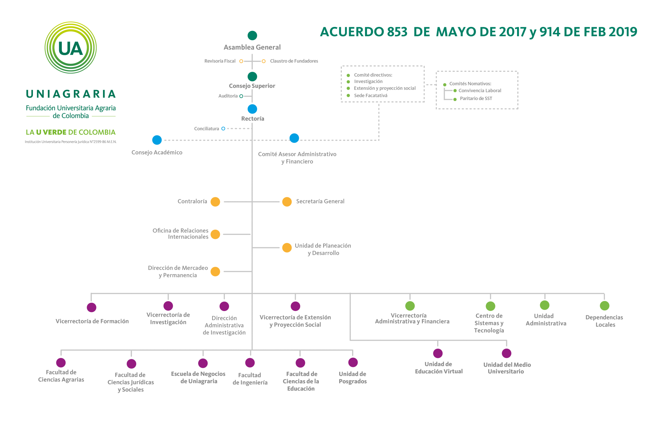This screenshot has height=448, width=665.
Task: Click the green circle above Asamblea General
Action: click(x=252, y=36)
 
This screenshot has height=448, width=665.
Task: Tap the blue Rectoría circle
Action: click(x=252, y=109)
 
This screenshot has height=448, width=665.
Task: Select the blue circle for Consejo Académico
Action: click(x=157, y=140)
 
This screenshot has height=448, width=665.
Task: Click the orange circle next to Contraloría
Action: click(x=215, y=202)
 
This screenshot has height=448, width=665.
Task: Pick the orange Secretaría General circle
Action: click(x=287, y=202)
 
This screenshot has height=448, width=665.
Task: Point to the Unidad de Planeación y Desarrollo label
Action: click(x=323, y=249)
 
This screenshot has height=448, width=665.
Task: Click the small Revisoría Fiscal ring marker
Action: click(x=241, y=61)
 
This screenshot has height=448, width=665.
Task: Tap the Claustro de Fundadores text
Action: click(x=294, y=61)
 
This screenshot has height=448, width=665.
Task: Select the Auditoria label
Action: click(x=228, y=96)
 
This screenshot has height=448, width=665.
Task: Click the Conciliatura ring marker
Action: click(x=223, y=129)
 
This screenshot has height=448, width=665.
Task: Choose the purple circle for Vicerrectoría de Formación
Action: click(x=91, y=307)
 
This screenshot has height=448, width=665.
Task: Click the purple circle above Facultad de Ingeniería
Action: click(x=250, y=363)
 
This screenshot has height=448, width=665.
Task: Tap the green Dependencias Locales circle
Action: click(x=604, y=305)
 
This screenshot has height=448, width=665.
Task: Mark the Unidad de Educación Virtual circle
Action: click(x=438, y=353)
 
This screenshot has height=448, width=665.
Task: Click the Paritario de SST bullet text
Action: click(x=476, y=98)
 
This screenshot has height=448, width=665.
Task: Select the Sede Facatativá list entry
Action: click(x=370, y=96)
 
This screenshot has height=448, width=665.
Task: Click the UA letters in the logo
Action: click(x=70, y=49)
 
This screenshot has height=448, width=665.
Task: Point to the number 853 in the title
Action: click(x=397, y=32)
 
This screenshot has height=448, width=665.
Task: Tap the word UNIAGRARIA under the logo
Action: click(x=71, y=94)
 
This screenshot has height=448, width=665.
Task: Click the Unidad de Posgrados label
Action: click(x=352, y=378)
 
